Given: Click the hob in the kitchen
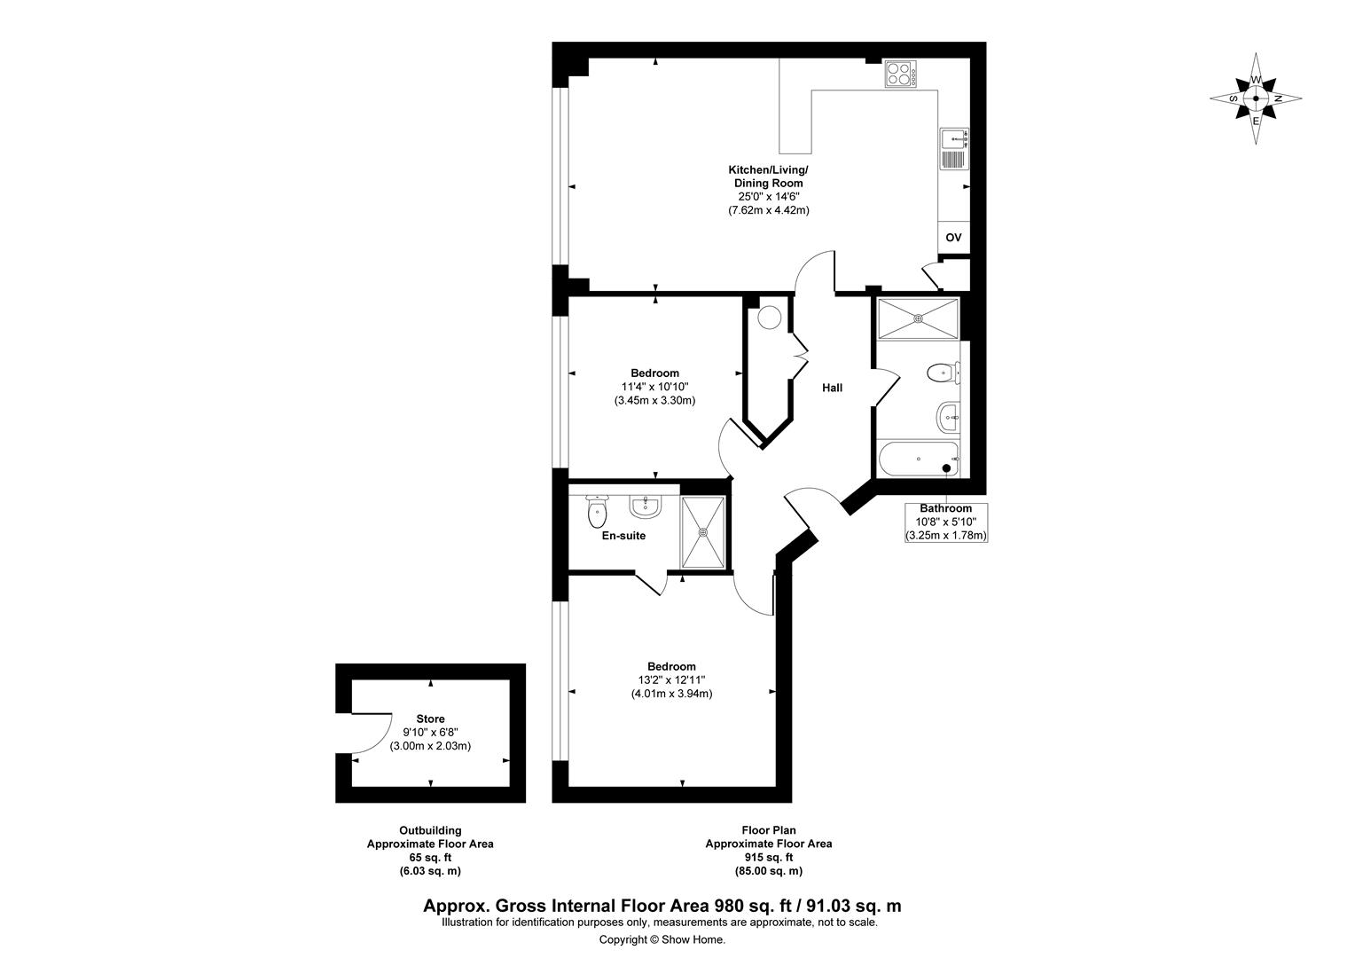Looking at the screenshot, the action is [x=900, y=74].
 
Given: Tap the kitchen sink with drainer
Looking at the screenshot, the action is [x=954, y=149].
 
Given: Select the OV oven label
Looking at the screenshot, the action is [x=953, y=237].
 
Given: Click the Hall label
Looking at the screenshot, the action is [x=832, y=388].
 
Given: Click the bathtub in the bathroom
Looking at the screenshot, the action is [x=918, y=459].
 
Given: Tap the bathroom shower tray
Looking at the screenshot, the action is [x=918, y=318].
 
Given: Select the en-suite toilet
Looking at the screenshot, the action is [x=597, y=512].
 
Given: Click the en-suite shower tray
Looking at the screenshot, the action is [x=703, y=532].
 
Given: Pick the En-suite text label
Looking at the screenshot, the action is [x=623, y=536].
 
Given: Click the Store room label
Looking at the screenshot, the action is [x=430, y=719].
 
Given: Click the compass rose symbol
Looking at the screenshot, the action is [x=1256, y=98].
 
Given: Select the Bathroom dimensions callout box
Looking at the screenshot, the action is [x=946, y=522].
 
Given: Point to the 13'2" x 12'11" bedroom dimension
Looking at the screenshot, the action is [x=671, y=680].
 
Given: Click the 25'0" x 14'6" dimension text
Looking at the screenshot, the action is [x=769, y=197].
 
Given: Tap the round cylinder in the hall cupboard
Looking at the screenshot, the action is [x=770, y=318].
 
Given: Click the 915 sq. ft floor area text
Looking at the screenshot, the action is [x=769, y=858].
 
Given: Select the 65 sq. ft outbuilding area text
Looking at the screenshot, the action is [x=430, y=858].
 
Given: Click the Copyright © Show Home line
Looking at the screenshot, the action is [x=662, y=940].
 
